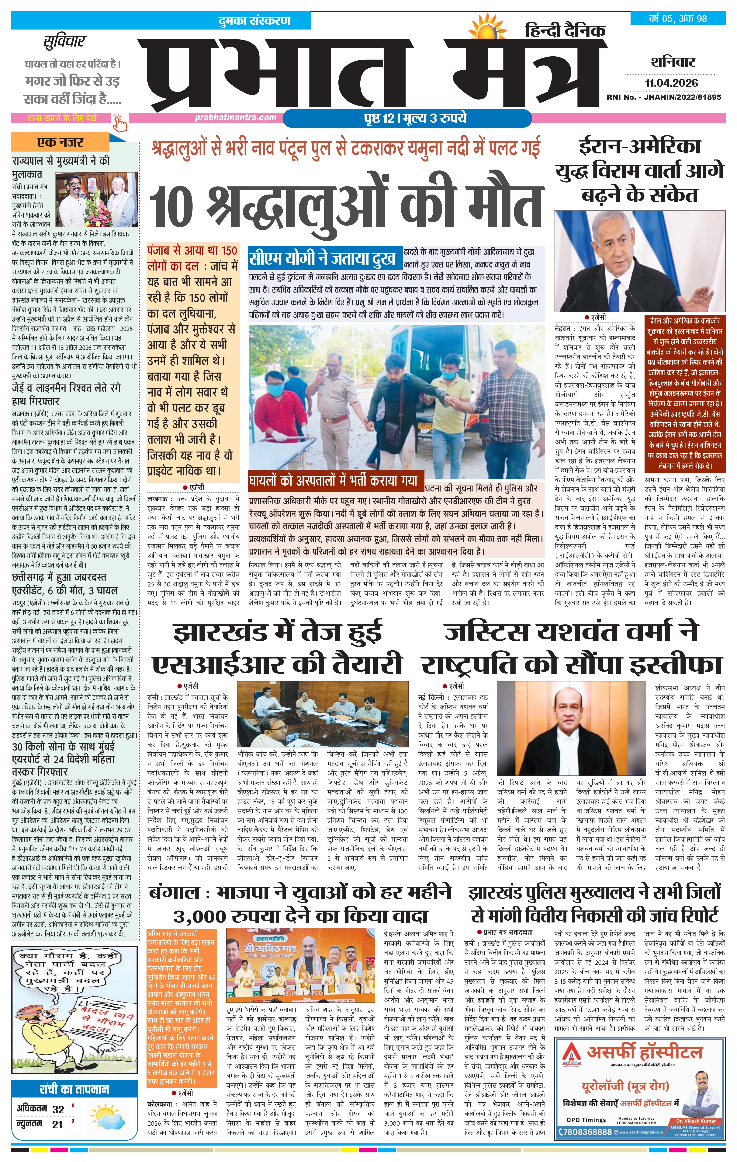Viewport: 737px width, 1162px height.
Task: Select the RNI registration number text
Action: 664,97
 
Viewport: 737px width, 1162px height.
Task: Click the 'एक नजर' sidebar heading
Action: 60,142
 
